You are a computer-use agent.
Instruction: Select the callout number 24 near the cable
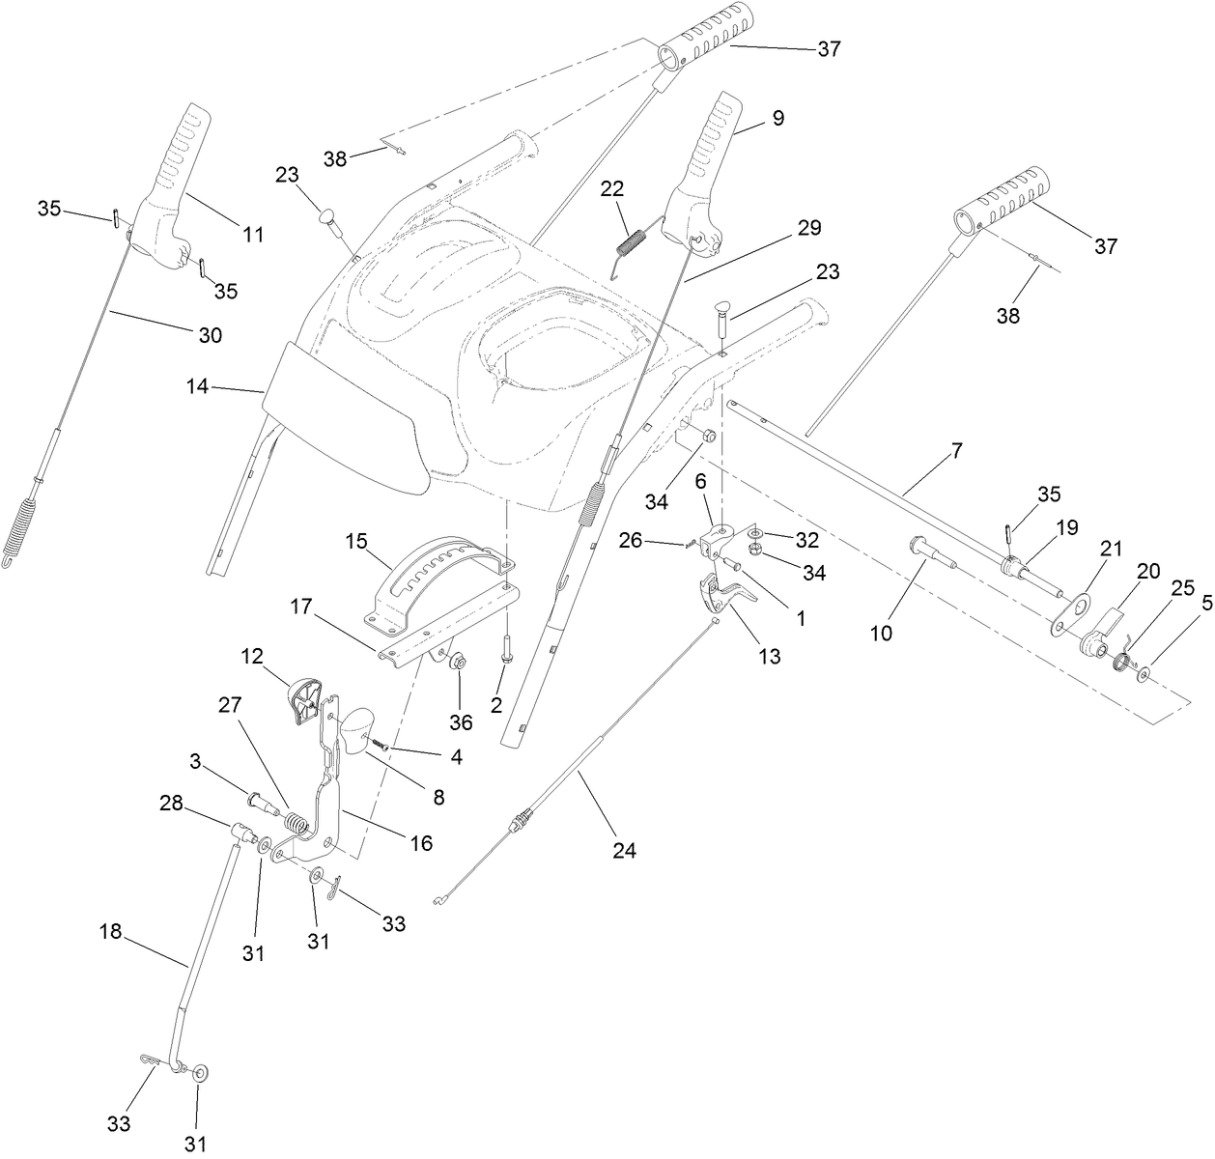click(x=623, y=850)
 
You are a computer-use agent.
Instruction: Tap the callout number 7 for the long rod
click(x=956, y=450)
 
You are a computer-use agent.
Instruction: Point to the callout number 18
click(x=111, y=931)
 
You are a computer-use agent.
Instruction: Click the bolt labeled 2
click(x=506, y=657)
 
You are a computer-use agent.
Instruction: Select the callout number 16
click(x=420, y=842)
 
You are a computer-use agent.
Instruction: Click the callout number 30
click(x=210, y=335)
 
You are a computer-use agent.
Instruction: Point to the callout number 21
click(x=1111, y=549)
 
